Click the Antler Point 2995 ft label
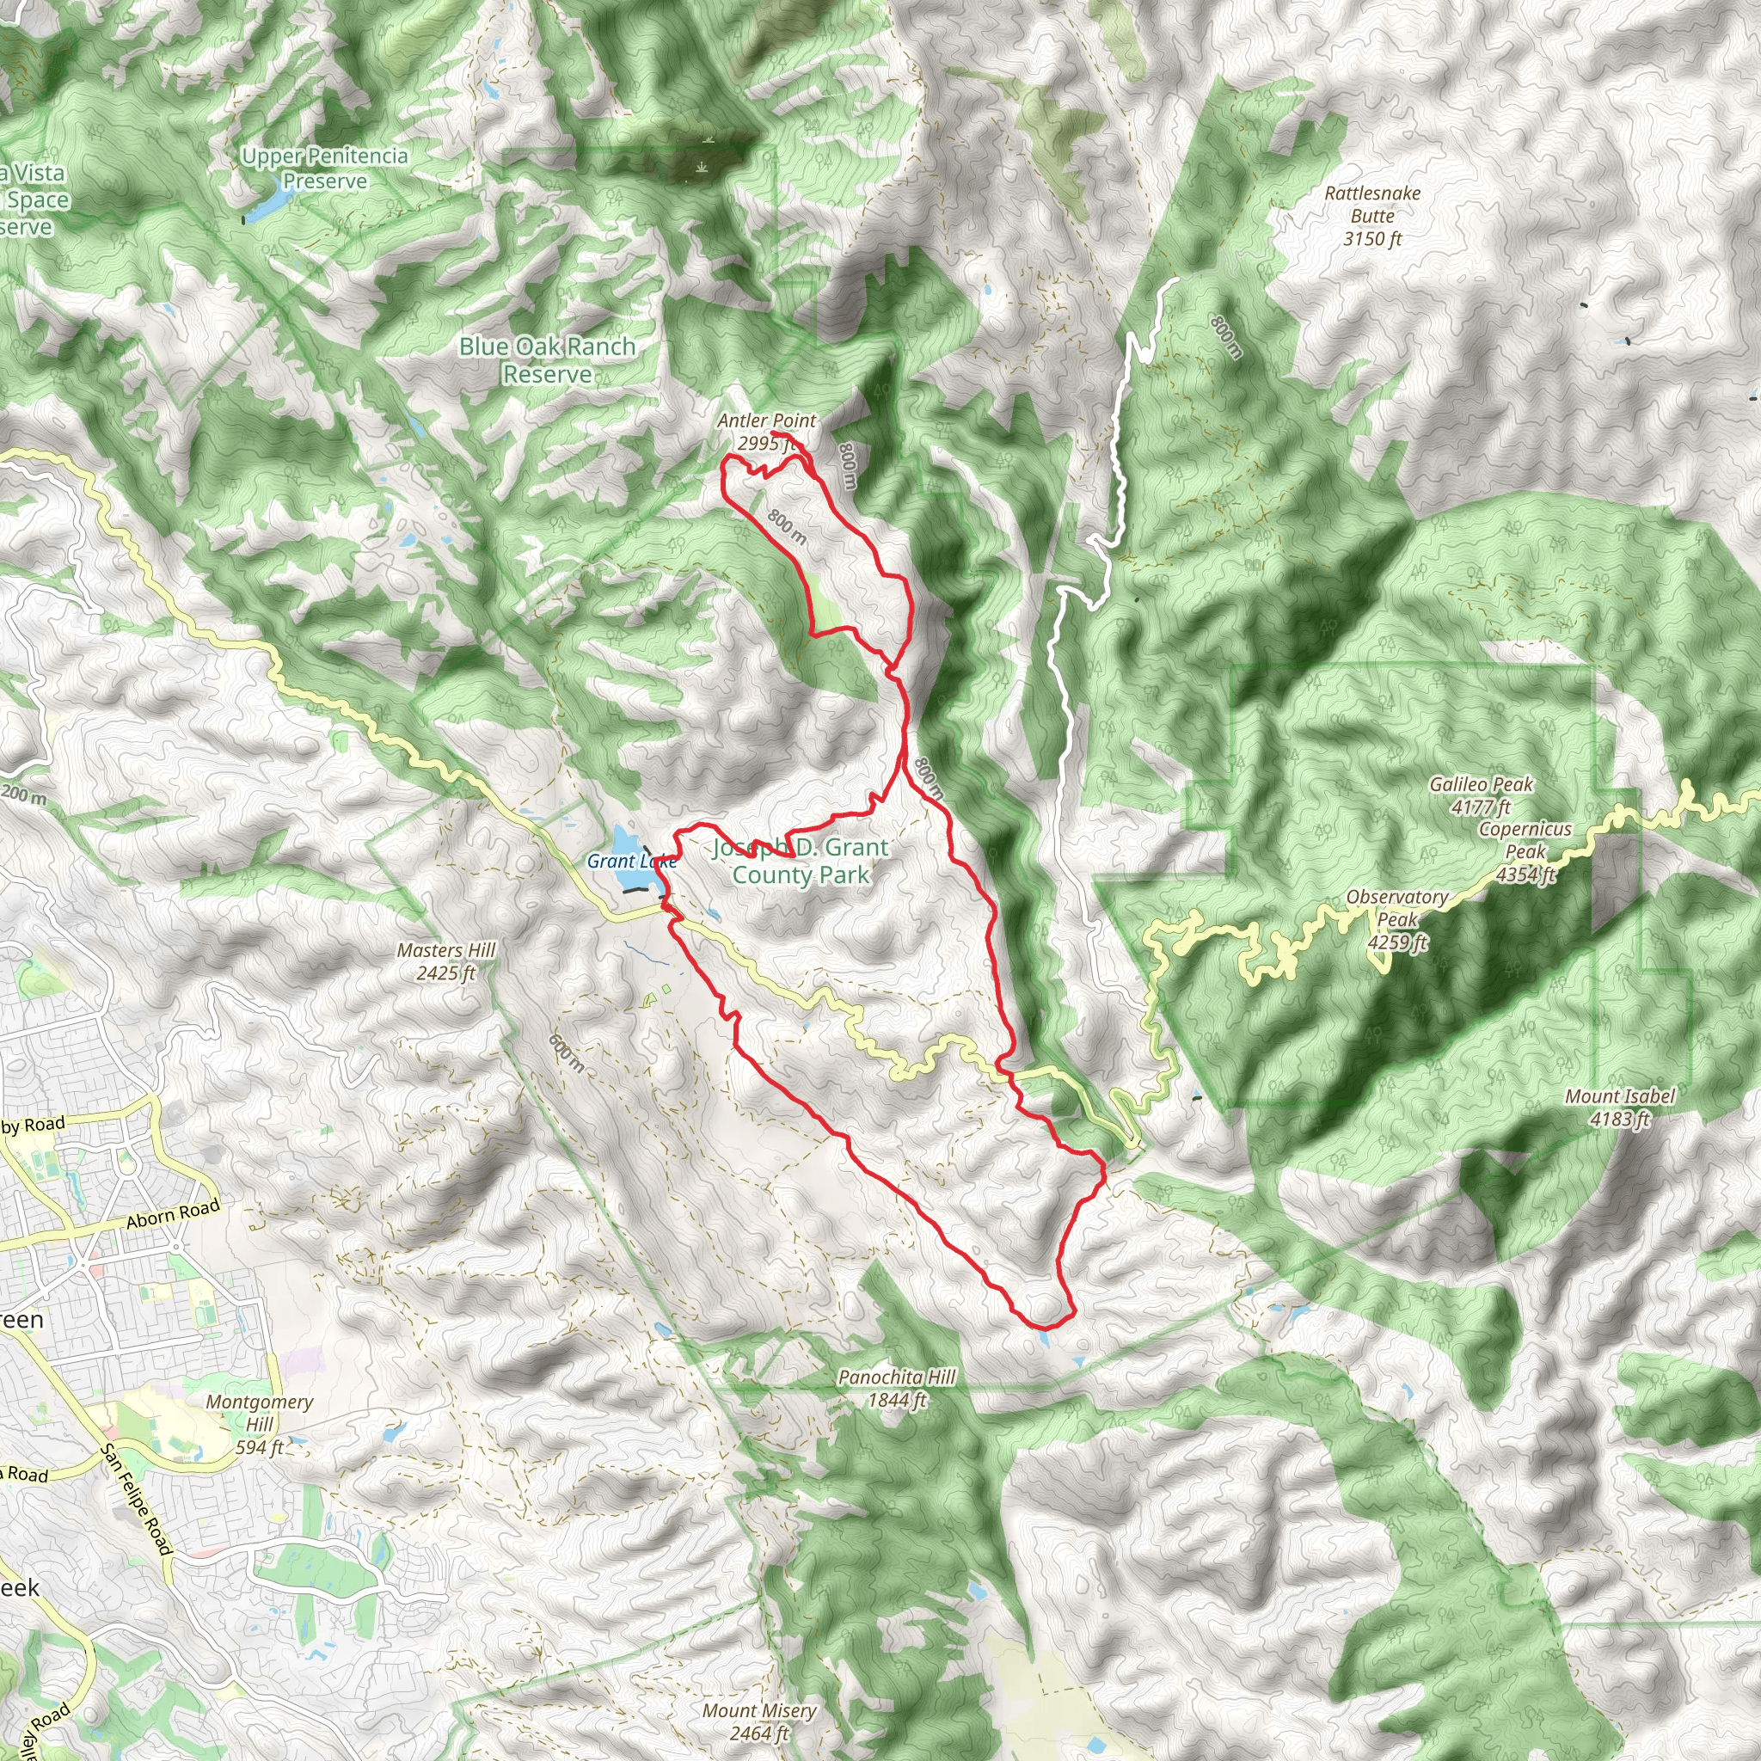(765, 432)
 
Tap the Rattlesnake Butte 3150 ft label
(1371, 216)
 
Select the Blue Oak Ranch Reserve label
(547, 360)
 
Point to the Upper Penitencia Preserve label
(324, 169)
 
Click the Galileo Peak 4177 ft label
(1481, 795)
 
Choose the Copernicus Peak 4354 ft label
(1525, 851)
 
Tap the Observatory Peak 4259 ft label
(1396, 919)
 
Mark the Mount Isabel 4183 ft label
(1619, 1107)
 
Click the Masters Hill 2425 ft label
(445, 960)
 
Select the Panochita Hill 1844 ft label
(896, 1387)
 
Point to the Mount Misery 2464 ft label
(758, 1721)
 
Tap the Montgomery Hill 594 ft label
(259, 1424)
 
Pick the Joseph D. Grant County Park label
(801, 861)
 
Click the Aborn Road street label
(173, 1213)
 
